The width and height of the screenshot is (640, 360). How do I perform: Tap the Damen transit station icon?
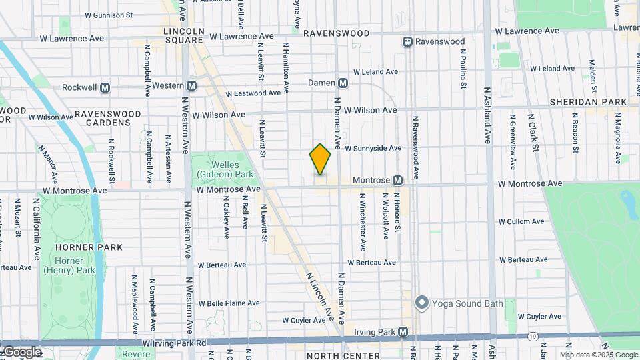[343, 83]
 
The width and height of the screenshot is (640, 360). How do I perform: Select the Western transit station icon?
[192, 85]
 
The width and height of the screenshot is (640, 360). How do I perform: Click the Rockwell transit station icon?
[105, 87]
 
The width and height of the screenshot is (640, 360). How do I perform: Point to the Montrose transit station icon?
[397, 181]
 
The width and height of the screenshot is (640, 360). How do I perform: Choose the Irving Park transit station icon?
[403, 332]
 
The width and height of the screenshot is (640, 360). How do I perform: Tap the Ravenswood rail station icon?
[407, 41]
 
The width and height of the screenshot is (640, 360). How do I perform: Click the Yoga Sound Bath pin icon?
[421, 303]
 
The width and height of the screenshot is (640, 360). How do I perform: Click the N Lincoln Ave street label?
[319, 293]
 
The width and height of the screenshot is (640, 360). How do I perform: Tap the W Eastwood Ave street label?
[254, 94]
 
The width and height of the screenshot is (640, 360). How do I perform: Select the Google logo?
[22, 352]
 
